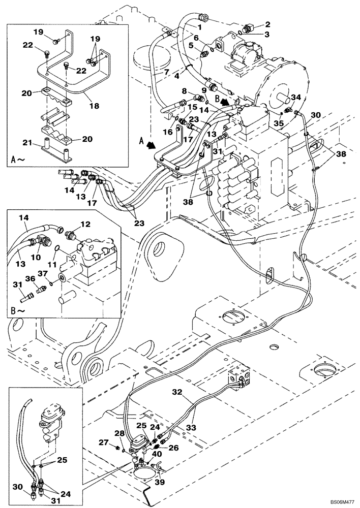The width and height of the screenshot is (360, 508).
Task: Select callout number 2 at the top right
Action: point(267,24)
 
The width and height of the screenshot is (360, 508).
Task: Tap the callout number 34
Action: point(295,97)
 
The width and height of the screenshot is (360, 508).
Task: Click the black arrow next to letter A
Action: point(151,144)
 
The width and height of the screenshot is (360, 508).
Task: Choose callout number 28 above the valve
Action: point(119,433)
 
